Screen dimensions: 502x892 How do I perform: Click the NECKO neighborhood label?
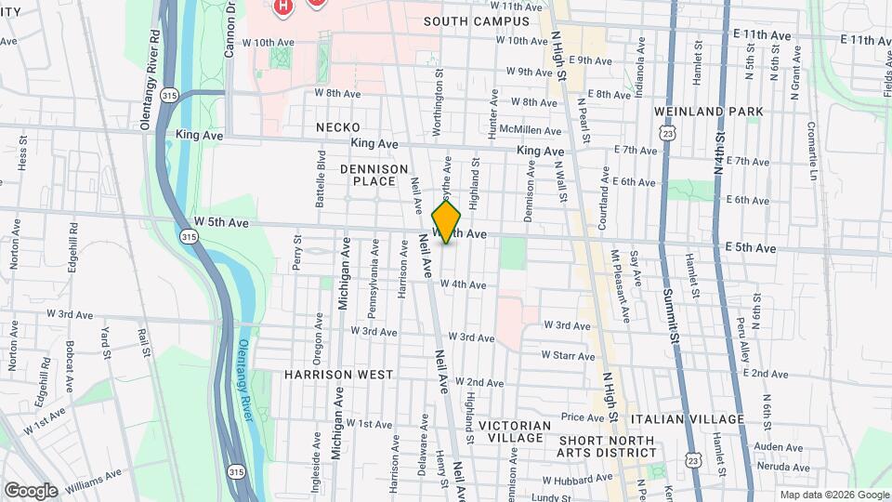(x=337, y=126)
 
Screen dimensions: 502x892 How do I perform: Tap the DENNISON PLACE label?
(x=374, y=175)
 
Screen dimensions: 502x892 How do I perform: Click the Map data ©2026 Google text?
(x=833, y=495)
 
